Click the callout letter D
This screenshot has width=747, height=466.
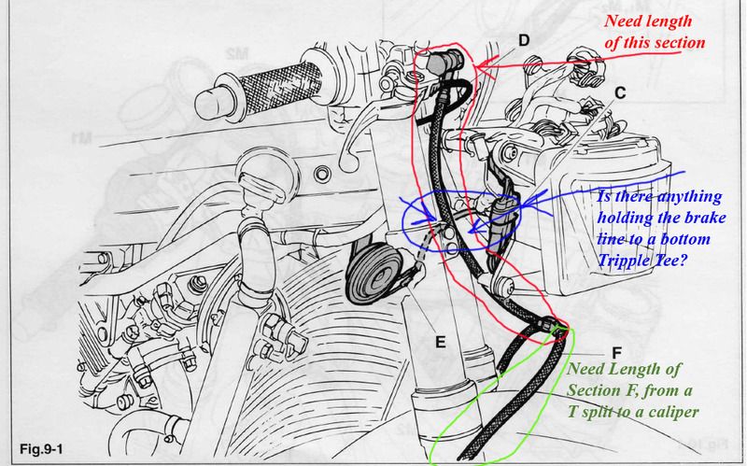point(524,40)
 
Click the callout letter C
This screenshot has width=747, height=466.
point(620,92)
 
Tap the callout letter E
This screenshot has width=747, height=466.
point(441,342)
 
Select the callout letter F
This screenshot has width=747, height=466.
point(616,353)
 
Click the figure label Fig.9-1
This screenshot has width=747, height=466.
point(41,449)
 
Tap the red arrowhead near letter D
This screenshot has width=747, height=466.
point(484,69)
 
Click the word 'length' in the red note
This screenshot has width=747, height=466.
point(669,21)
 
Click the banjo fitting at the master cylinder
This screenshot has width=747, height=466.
point(445,61)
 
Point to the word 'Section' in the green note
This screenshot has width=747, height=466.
point(591,390)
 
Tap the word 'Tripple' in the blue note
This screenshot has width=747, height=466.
point(620,261)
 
